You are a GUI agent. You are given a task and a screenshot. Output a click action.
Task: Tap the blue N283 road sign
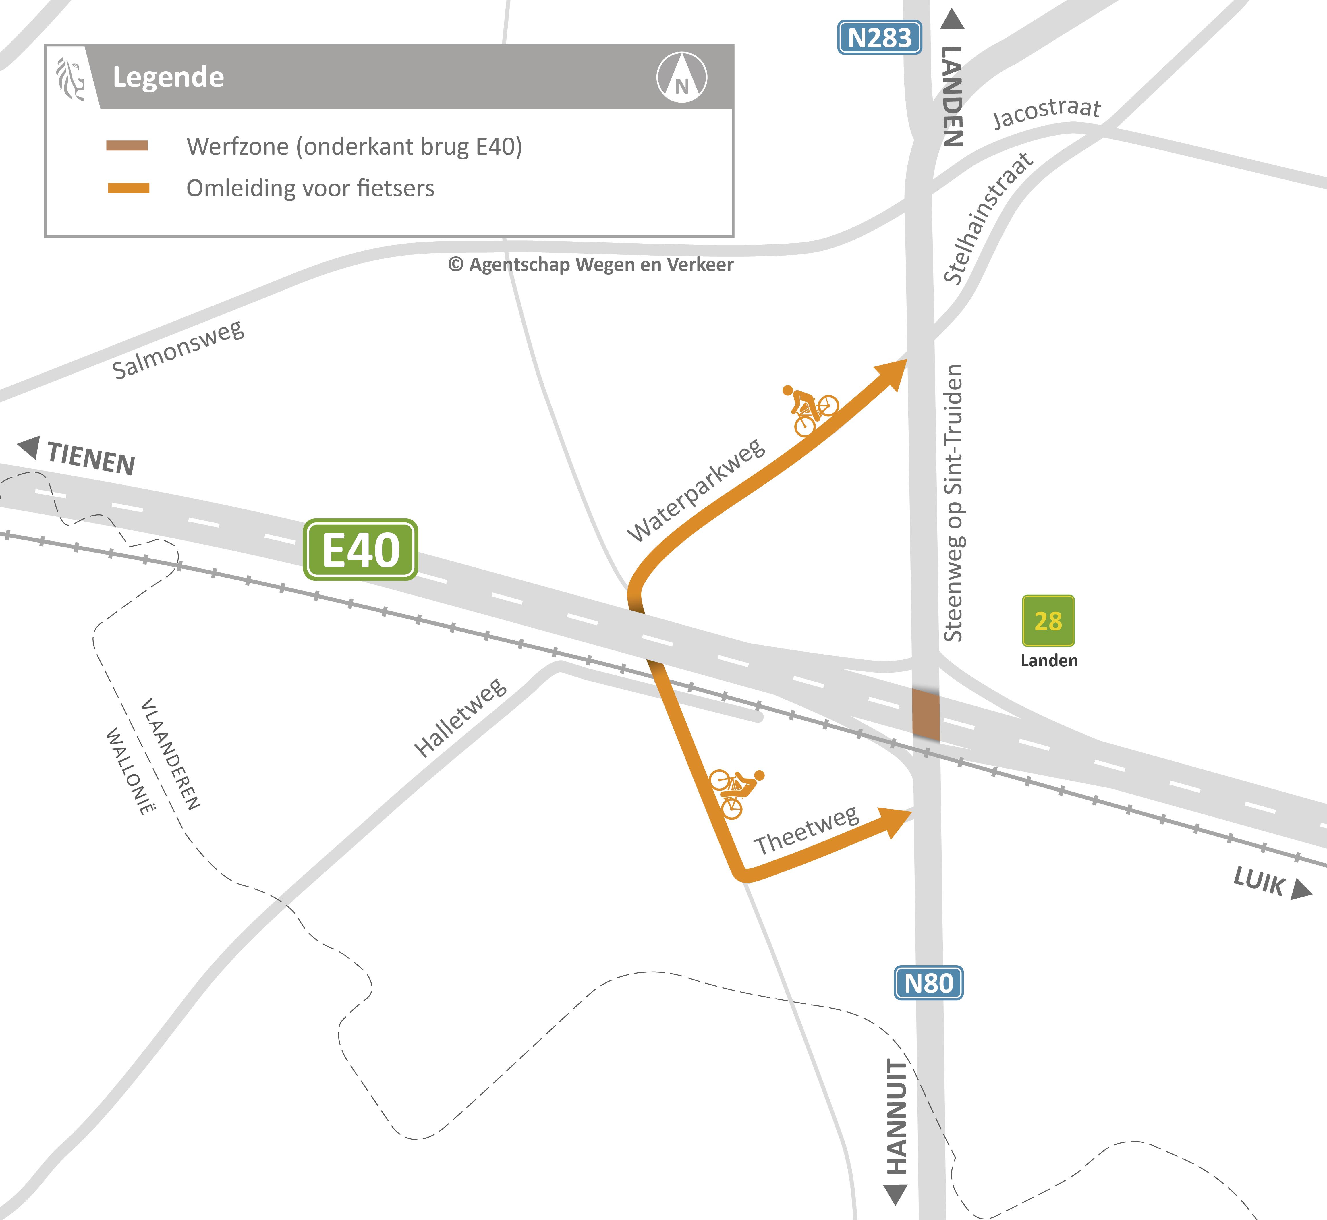879,38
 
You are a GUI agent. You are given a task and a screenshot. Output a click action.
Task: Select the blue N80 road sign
928,983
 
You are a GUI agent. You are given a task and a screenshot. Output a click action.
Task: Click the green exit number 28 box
1048,621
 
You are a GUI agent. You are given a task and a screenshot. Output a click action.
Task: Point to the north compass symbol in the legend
681,77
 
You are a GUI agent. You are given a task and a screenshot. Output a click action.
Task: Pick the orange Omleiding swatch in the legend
129,188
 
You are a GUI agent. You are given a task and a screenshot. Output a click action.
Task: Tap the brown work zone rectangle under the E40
926,714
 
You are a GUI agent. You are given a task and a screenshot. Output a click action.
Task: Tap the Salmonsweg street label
177,350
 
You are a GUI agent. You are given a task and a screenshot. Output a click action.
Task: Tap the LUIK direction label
1259,881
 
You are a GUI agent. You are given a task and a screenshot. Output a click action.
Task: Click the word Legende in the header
168,77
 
